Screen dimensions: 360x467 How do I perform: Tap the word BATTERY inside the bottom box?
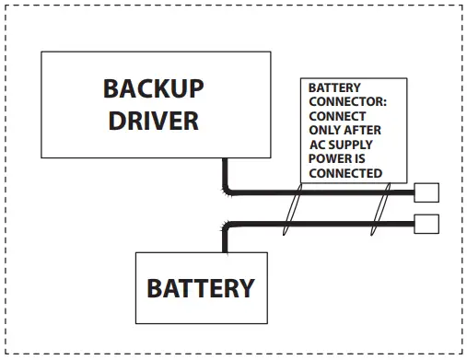point(200,288)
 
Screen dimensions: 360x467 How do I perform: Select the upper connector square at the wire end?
point(426,192)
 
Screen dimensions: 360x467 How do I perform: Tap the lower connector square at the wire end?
point(426,224)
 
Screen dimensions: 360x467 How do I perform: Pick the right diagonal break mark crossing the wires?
point(378,209)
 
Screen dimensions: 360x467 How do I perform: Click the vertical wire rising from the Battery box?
point(224,238)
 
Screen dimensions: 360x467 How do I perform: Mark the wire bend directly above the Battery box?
point(226,226)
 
